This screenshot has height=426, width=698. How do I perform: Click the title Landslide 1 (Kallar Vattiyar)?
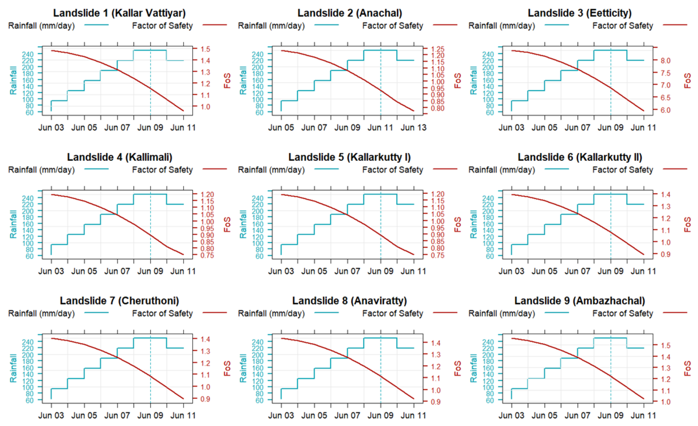pyautogui.click(x=119, y=13)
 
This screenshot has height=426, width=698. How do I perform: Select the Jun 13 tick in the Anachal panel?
pyautogui.click(x=413, y=128)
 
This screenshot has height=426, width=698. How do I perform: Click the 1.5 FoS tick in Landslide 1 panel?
pyautogui.click(x=205, y=49)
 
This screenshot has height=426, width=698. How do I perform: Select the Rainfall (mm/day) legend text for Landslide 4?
pyautogui.click(x=41, y=170)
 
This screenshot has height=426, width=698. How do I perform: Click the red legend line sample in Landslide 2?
pyautogui.click(x=445, y=25)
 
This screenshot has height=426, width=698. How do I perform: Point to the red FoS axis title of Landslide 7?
pyautogui.click(x=227, y=368)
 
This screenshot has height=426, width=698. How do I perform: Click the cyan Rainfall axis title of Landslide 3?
pyautogui.click(x=473, y=80)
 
